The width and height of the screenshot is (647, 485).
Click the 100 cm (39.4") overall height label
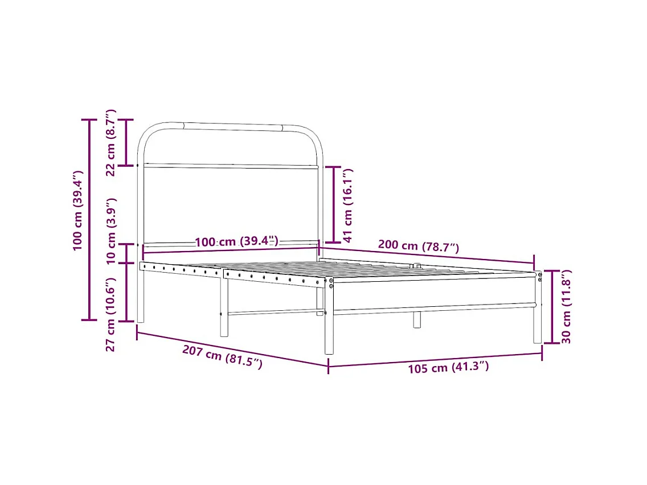(78, 211)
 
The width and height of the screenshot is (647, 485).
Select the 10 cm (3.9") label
(112, 231)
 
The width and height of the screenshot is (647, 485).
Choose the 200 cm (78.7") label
(418, 246)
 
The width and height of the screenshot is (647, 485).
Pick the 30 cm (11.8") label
(566, 306)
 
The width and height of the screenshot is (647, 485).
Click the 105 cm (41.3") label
(448, 368)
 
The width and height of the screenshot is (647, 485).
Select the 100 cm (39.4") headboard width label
(236, 241)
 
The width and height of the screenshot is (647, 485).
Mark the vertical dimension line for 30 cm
(551, 307)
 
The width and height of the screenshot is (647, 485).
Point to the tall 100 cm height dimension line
(89, 220)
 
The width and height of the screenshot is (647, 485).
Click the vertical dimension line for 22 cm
(126, 142)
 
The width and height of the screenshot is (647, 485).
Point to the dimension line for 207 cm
(232, 348)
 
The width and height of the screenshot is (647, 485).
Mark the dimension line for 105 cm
(435, 360)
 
